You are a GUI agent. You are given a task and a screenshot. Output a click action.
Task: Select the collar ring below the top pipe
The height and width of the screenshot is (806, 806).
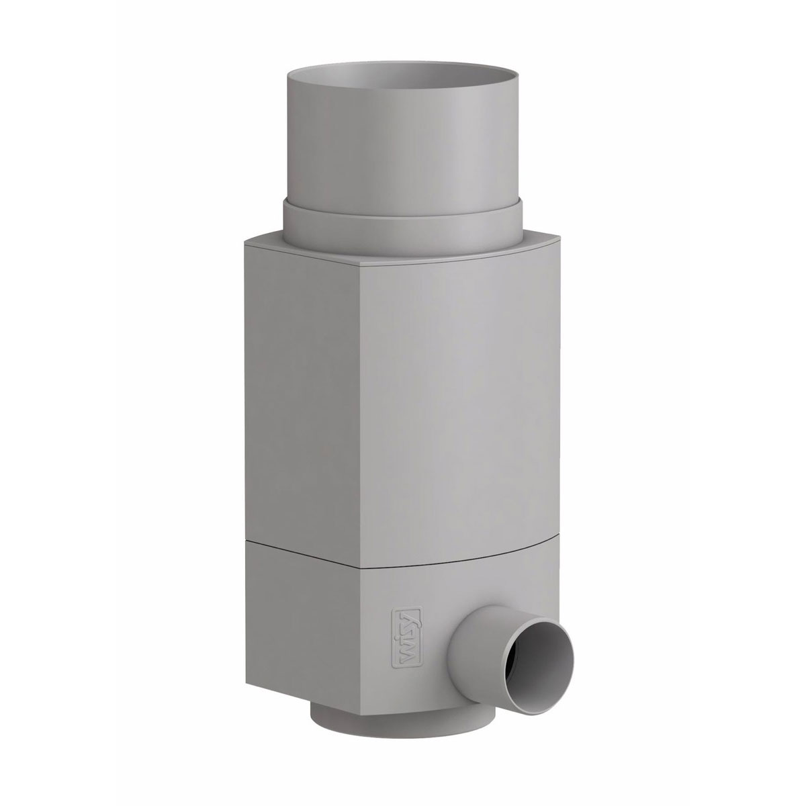point(403,228)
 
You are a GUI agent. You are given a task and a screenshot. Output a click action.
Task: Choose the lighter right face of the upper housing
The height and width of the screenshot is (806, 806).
point(470,403)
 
